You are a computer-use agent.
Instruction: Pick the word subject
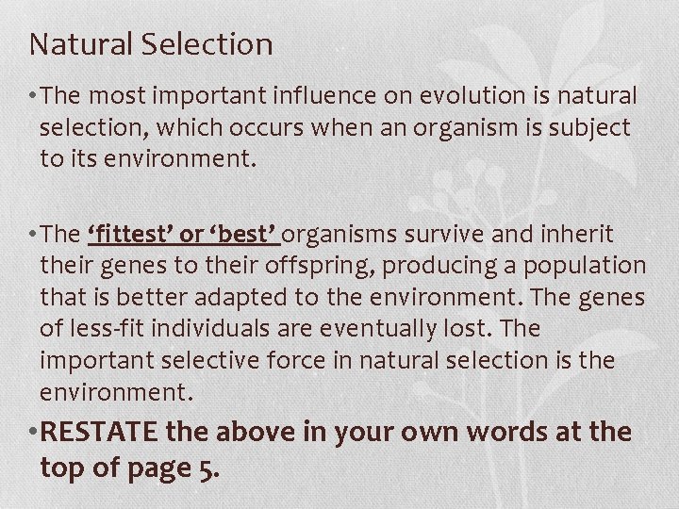tap(588, 127)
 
